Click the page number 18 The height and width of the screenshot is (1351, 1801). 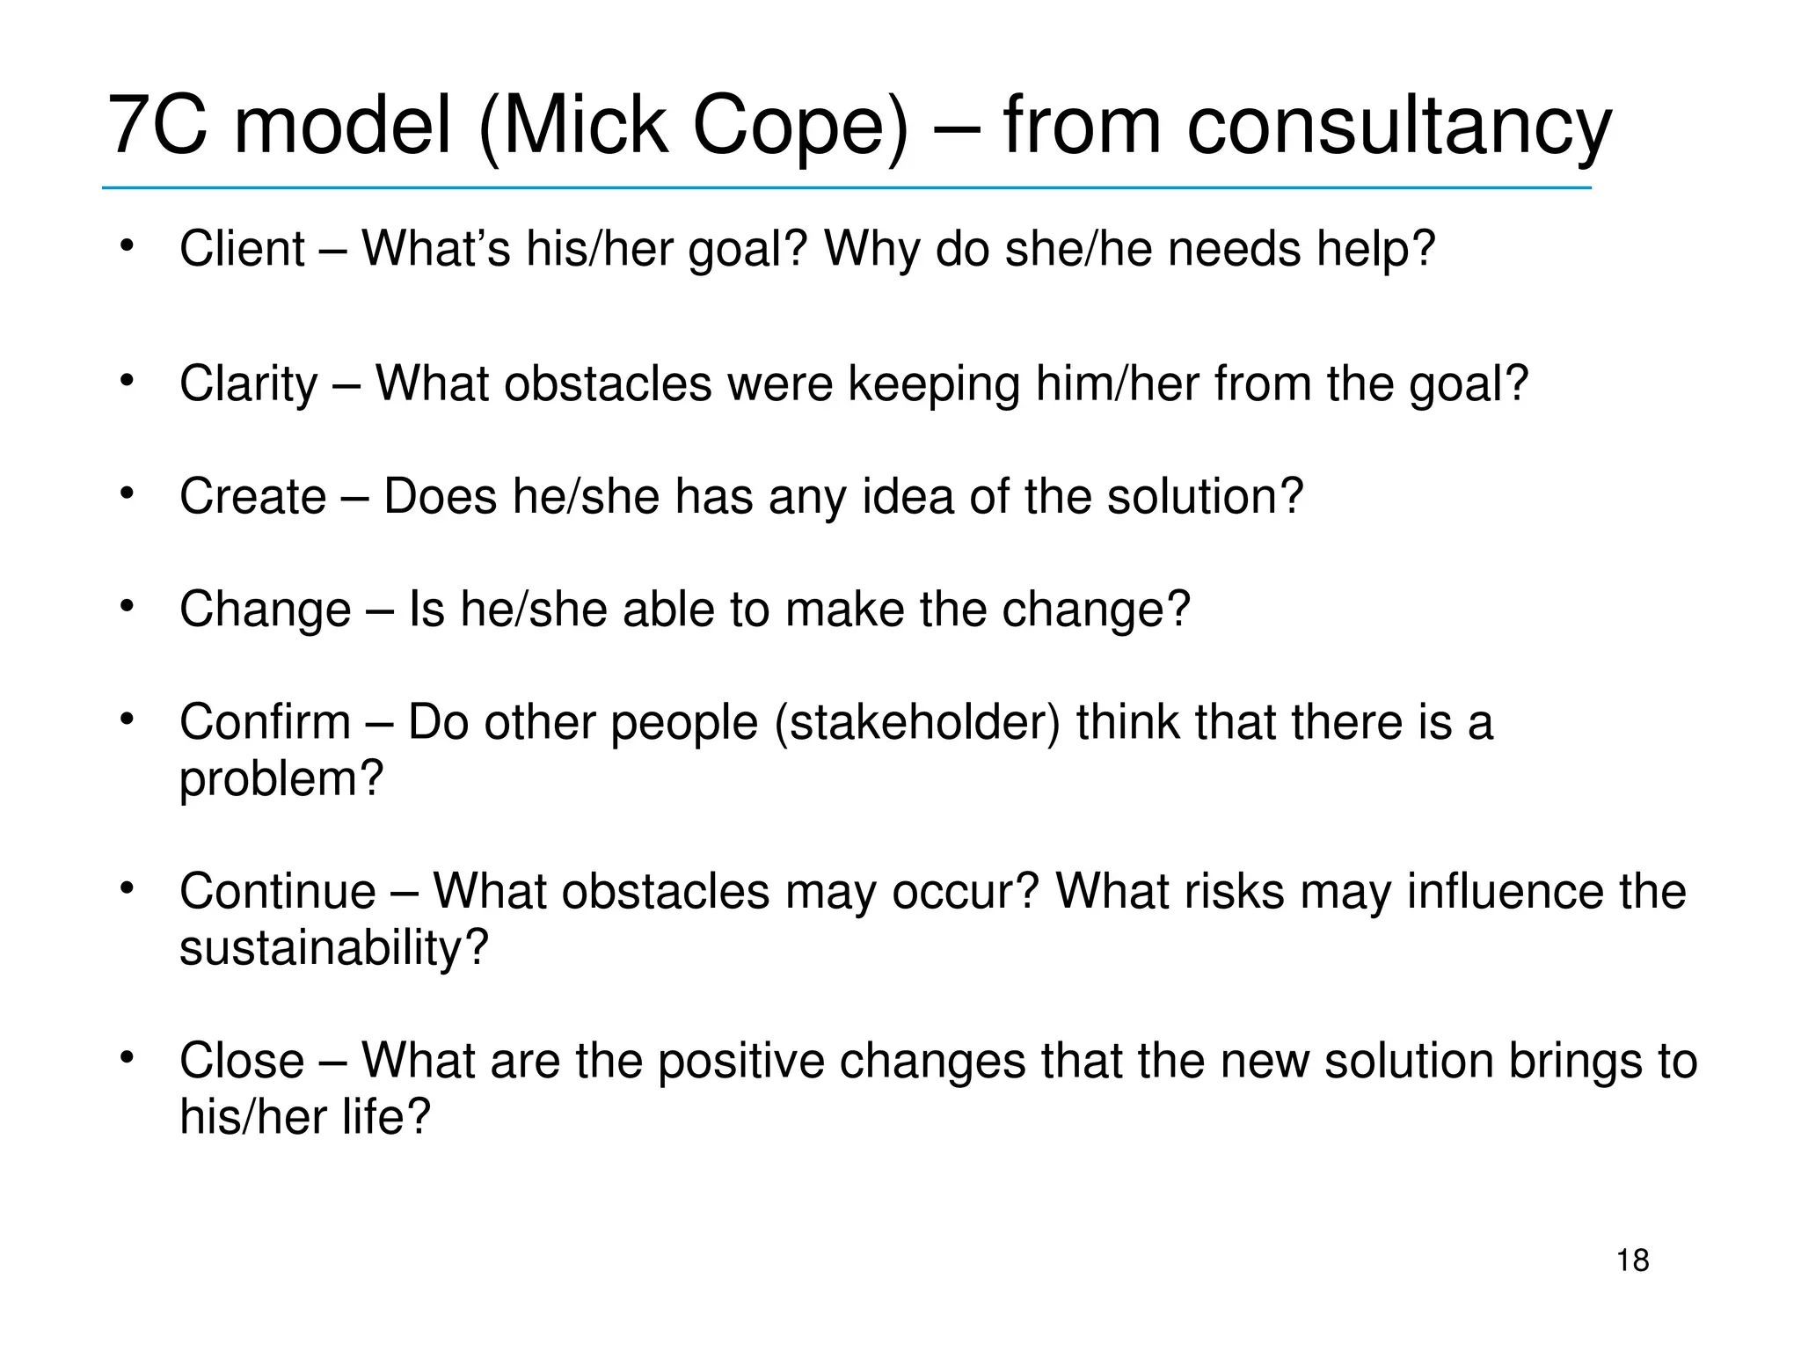click(1632, 1260)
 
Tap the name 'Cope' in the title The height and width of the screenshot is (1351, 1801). click(799, 128)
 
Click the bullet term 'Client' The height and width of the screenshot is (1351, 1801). click(242, 248)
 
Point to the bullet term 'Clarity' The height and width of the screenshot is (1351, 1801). click(248, 384)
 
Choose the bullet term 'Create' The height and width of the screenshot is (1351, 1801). click(252, 496)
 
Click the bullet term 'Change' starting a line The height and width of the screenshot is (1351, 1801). click(265, 610)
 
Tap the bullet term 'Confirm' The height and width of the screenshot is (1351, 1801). click(265, 722)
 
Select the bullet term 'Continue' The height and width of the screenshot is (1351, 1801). click(277, 891)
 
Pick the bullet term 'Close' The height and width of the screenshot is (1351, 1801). click(242, 1060)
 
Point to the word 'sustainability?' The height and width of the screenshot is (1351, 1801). click(333, 948)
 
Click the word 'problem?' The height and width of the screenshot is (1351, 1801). click(281, 779)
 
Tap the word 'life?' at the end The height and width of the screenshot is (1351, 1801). click(386, 1117)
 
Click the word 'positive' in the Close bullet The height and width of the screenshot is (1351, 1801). click(740, 1061)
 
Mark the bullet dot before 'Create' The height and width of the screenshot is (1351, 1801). click(128, 493)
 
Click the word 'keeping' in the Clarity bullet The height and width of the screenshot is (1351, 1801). click(934, 384)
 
